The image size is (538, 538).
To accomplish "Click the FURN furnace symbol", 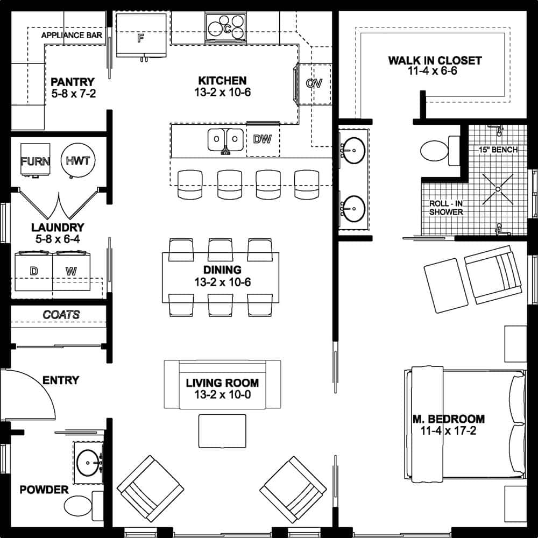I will coord(36,161).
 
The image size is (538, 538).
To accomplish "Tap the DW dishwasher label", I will coord(263,139).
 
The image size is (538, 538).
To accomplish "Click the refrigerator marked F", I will coord(141,37).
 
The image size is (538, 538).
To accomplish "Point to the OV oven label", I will coord(314,83).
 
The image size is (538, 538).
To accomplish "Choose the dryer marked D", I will coord(33,271).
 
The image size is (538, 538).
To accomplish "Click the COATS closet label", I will coord(61,314).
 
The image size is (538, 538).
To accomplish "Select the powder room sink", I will coord(87,462).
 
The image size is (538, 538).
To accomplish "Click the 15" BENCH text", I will coord(498,150).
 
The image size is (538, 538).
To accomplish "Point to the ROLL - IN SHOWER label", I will coord(446,208).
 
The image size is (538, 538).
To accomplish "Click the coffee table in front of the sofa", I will coord(222,430).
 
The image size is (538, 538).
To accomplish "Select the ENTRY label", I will coord(61,380).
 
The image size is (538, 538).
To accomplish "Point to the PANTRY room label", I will coord(73,82).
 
